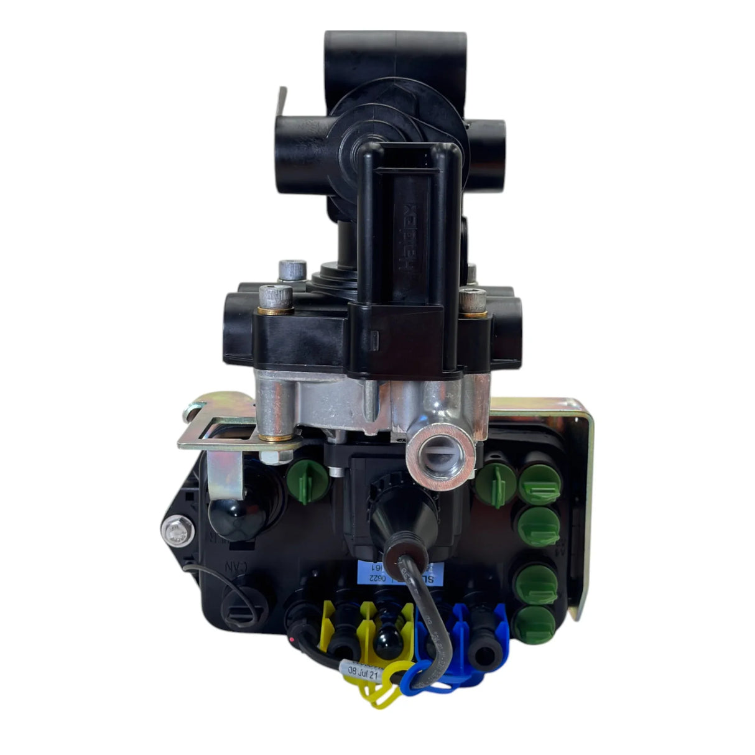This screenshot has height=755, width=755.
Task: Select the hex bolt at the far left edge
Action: [172, 530]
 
